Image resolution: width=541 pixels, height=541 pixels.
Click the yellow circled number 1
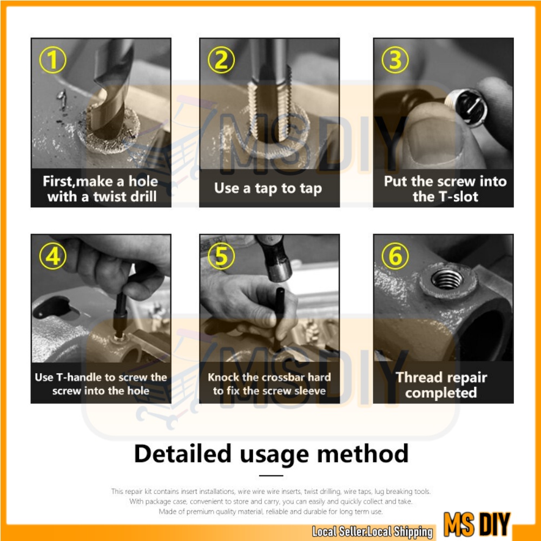click(53, 60)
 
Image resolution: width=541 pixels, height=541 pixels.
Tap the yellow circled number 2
click(221, 60)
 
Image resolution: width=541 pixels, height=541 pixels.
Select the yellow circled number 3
click(395, 60)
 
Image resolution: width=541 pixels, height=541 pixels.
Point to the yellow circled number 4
click(53, 256)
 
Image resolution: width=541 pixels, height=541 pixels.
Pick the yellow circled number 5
click(221, 256)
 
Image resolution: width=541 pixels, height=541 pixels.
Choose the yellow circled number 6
click(395, 256)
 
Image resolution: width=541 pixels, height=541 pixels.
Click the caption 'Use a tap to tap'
click(268, 189)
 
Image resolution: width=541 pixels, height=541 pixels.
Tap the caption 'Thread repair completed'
click(441, 385)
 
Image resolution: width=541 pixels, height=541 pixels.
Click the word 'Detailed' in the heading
click(182, 453)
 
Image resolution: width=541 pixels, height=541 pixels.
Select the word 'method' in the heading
click(362, 453)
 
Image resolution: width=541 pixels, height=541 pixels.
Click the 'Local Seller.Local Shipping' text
click(372, 532)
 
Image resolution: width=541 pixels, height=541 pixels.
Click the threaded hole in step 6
click(447, 279)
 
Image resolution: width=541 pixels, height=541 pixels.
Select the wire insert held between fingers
click(466, 107)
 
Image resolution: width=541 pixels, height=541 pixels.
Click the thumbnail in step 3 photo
click(431, 138)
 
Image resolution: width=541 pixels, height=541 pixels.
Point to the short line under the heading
click(271, 476)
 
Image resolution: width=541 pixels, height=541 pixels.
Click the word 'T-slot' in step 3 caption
click(458, 197)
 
